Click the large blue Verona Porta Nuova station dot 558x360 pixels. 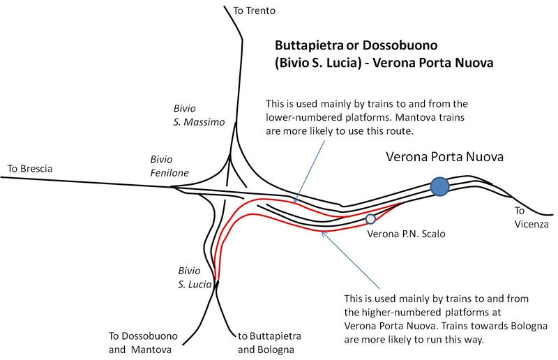(x=439, y=186)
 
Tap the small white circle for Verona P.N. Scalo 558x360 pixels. (x=371, y=219)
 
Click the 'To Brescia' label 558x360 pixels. (x=29, y=169)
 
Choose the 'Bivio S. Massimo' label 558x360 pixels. (x=199, y=115)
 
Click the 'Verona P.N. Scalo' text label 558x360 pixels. (x=406, y=234)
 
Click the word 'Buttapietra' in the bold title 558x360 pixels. (x=308, y=45)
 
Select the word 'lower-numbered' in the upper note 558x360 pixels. (x=303, y=117)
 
